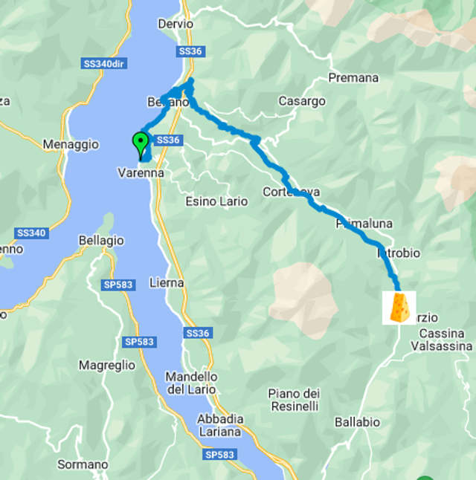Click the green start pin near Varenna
(x=140, y=143)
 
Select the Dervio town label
(x=176, y=24)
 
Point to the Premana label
(x=353, y=78)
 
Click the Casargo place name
(x=302, y=101)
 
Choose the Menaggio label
(x=71, y=144)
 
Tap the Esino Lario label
(x=211, y=201)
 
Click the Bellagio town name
(x=101, y=241)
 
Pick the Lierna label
(x=167, y=283)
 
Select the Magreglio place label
(x=107, y=365)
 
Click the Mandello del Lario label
(x=190, y=383)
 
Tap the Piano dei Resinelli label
(x=294, y=400)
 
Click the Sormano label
(x=83, y=465)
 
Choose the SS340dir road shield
(x=103, y=64)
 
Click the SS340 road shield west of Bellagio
(x=31, y=233)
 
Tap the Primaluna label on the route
(x=364, y=223)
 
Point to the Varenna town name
(x=140, y=173)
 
